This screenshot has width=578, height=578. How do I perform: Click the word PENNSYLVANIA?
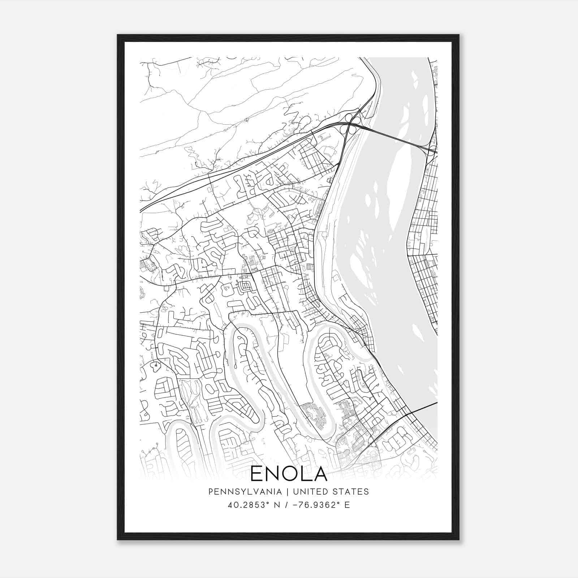tap(240, 492)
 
